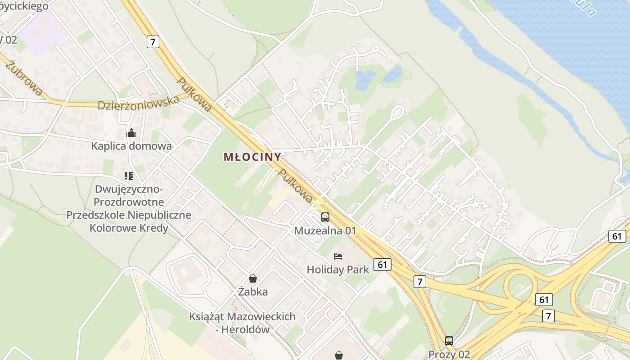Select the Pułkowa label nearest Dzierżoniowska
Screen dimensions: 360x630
(x=194, y=94)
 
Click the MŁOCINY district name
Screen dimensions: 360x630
(x=252, y=157)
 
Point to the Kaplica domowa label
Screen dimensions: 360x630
(x=131, y=146)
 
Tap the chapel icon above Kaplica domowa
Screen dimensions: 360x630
(x=131, y=133)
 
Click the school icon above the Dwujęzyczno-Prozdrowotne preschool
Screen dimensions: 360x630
(x=129, y=176)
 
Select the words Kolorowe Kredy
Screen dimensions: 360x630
(x=129, y=228)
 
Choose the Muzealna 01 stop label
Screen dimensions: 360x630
(x=325, y=231)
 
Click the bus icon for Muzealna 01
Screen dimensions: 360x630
(x=325, y=217)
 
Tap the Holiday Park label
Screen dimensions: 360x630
(x=338, y=270)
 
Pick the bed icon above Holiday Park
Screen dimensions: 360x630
(x=338, y=256)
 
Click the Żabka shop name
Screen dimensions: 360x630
(x=253, y=292)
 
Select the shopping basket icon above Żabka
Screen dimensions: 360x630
(x=253, y=279)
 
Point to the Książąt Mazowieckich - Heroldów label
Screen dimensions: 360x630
(x=243, y=323)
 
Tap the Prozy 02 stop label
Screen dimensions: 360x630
(x=449, y=354)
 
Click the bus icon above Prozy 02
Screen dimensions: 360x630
(x=449, y=341)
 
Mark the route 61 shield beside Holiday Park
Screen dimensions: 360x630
(x=382, y=265)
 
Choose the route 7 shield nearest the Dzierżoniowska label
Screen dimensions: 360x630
(x=153, y=42)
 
